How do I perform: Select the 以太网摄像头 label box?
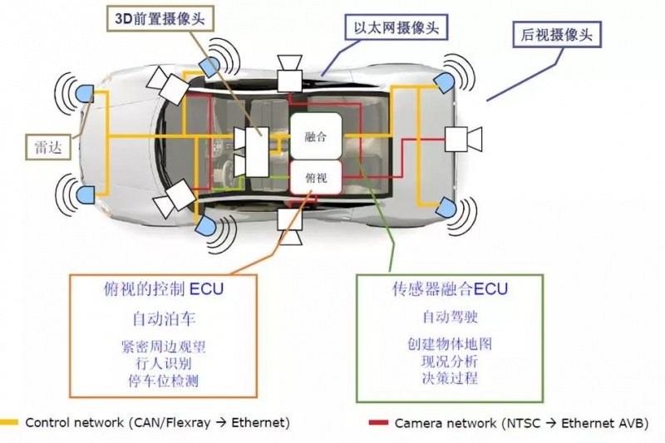(x=396, y=28)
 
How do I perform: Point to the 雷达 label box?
(x=47, y=146)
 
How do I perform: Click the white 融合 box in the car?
(x=316, y=135)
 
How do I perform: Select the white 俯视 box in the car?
(x=316, y=177)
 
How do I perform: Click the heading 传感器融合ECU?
(x=450, y=289)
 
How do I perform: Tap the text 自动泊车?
(x=164, y=318)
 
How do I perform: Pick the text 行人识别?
(x=164, y=363)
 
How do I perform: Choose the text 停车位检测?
(x=164, y=381)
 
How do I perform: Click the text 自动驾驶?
(x=450, y=317)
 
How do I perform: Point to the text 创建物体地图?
(x=450, y=344)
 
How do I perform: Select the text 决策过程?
(x=450, y=379)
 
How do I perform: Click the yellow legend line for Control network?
(x=10, y=423)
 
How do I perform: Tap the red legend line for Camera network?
(x=378, y=423)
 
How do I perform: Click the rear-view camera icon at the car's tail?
(x=463, y=138)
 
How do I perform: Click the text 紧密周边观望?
(x=164, y=346)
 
